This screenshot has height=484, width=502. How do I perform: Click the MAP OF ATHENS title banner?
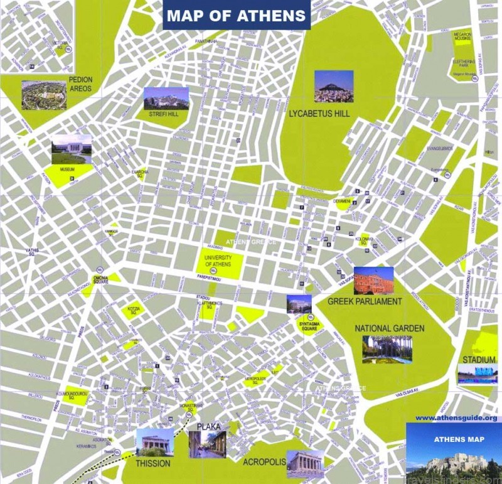point(237,16)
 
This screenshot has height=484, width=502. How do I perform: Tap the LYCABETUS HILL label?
point(319,114)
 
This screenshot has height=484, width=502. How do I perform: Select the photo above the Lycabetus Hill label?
point(333,86)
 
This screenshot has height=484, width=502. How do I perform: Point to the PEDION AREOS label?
point(80,84)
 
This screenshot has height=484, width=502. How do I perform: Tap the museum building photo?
point(72,149)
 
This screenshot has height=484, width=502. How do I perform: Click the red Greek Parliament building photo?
point(373,281)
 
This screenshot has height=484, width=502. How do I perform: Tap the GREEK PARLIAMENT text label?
point(365,302)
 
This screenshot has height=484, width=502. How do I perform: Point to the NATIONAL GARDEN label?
point(389,328)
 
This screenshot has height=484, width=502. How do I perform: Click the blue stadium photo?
point(477,375)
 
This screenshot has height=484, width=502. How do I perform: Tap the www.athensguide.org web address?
point(456,417)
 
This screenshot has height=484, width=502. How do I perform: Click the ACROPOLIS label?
point(264,463)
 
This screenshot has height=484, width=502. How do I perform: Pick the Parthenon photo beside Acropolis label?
point(305,463)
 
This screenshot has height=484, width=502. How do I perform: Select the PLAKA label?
point(209,427)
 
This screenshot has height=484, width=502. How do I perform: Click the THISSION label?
point(153,464)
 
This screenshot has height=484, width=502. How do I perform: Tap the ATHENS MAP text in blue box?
point(459,439)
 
